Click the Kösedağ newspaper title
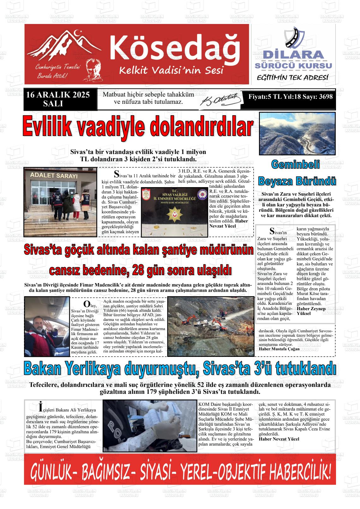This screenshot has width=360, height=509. tap(174, 47)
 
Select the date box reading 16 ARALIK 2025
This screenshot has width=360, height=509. tap(58, 99)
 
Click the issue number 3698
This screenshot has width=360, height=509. tap(326, 97)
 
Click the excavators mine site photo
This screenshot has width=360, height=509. tap(210, 326)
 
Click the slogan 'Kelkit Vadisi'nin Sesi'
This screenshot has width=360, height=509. tap(171, 70)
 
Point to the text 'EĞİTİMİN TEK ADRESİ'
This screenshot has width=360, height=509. tap(292, 78)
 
